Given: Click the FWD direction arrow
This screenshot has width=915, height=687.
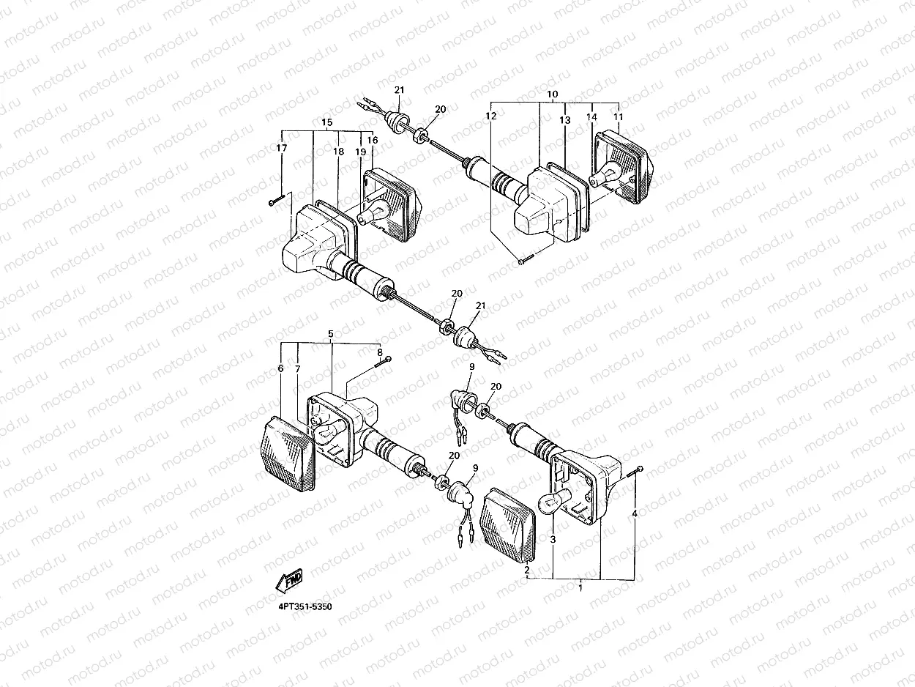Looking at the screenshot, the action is [289, 580].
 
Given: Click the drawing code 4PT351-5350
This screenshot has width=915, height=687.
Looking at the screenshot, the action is [305, 606].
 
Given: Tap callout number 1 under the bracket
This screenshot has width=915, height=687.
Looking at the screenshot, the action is [580, 588].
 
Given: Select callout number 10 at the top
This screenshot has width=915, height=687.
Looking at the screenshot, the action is [553, 94].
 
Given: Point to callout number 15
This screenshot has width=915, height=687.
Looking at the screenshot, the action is [326, 122].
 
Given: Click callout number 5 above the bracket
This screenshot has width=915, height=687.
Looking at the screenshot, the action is [331, 334].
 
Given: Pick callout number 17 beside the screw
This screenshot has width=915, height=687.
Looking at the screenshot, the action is [281, 148].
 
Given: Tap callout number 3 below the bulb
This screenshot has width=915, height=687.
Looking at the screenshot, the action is [553, 539].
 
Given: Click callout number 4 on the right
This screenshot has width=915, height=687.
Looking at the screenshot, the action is [635, 513].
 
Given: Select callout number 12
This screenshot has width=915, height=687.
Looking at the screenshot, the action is [491, 116].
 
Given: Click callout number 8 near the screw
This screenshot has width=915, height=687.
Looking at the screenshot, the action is [380, 352].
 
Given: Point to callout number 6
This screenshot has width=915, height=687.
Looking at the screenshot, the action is [280, 368].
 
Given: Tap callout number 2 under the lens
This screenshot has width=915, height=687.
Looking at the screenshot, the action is [527, 569].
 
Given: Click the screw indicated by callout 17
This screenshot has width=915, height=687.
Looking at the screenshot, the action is [277, 200].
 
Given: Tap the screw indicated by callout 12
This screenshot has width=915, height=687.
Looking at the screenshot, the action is [526, 259].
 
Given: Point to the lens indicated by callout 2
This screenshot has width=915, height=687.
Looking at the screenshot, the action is [508, 524].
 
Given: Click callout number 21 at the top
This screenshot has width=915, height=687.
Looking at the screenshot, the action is [400, 89].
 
